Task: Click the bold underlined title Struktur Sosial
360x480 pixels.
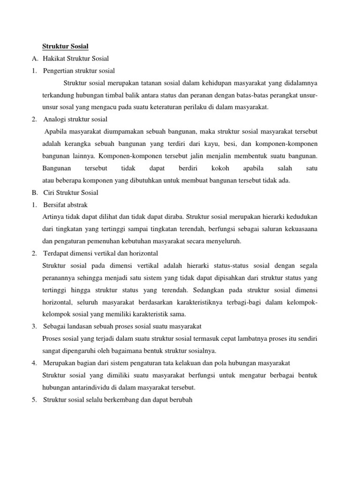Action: pyautogui.click(x=65, y=46)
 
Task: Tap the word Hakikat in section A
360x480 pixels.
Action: pyautogui.click(x=54, y=59)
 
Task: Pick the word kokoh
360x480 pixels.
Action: pyautogui.click(x=220, y=168)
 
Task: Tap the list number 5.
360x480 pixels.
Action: pyautogui.click(x=34, y=400)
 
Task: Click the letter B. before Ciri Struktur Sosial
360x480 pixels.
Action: pyautogui.click(x=35, y=193)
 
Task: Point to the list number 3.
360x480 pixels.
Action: pyautogui.click(x=34, y=326)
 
